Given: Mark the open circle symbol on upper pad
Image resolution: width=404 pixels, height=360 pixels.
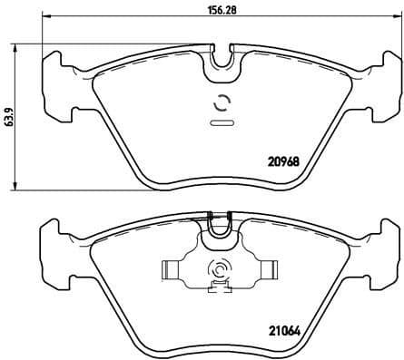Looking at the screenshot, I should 220,102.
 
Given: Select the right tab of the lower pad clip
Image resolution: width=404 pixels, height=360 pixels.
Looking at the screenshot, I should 267,270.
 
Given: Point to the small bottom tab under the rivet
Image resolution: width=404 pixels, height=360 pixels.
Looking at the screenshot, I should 219,289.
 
